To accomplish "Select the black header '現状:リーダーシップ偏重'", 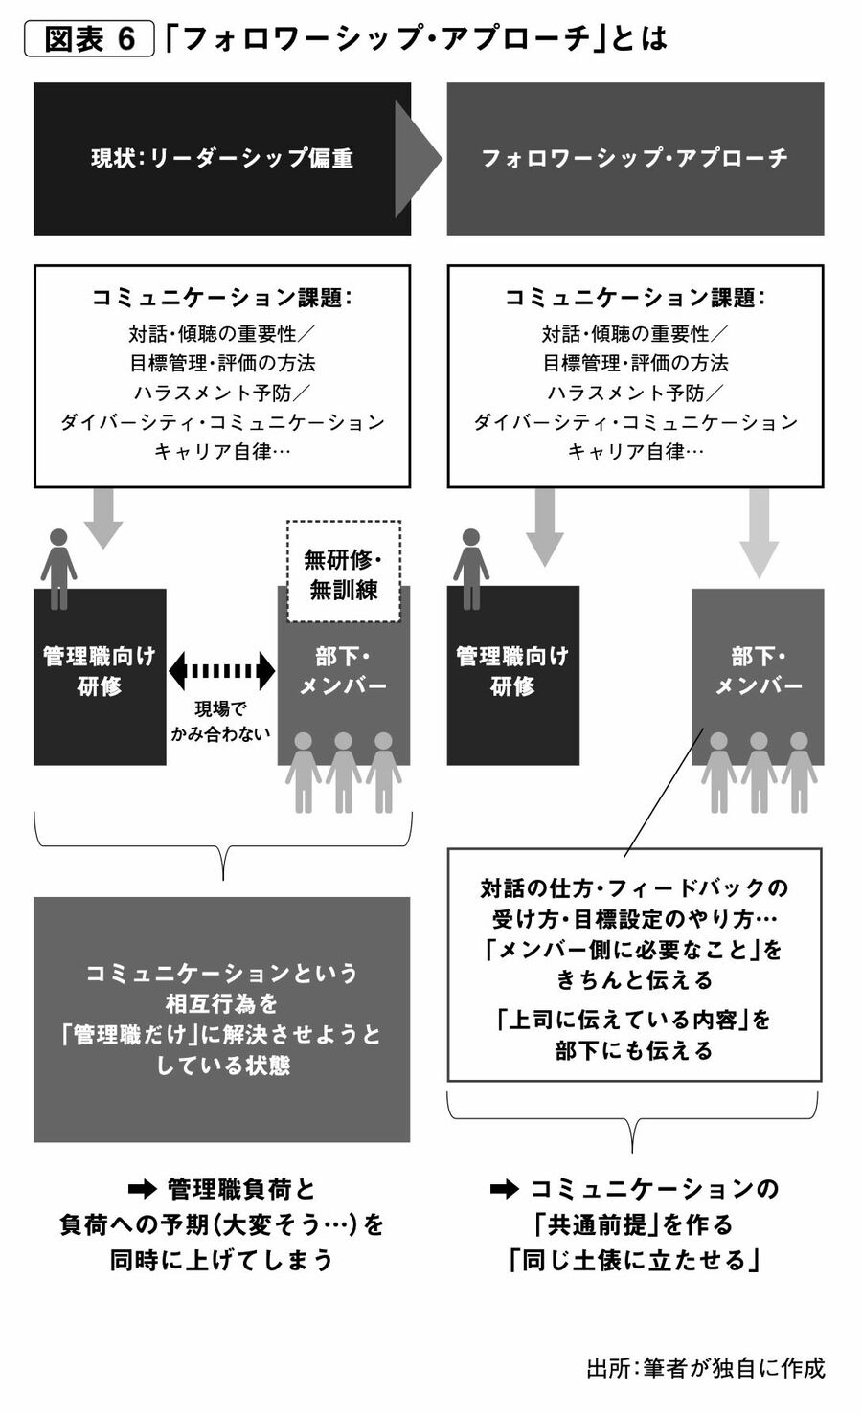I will tap(222, 158).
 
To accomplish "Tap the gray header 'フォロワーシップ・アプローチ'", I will tap(634, 158).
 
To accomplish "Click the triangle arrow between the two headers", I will tap(417, 159).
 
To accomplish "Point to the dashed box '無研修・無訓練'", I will tap(343, 572).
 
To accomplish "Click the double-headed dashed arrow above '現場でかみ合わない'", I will tap(221, 671).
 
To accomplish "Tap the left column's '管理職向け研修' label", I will tap(99, 671).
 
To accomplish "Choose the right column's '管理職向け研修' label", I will tap(512, 671).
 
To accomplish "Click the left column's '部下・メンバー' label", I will tap(343, 671).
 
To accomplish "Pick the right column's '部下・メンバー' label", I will tap(759, 671).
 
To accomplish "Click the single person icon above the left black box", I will tap(58, 568).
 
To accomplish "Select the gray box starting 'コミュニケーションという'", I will tap(222, 1019).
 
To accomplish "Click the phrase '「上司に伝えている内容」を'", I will tap(634, 1019).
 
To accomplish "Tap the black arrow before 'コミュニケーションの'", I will tap(504, 1190).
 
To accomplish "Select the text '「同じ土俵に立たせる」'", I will tap(634, 1260).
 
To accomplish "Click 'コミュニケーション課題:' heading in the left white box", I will tap(222, 298).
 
